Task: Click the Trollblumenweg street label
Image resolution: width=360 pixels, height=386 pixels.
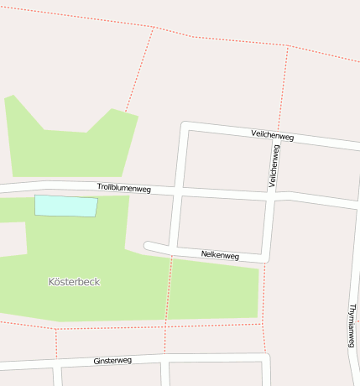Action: (x=123, y=189)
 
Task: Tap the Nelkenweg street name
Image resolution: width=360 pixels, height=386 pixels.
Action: (x=220, y=254)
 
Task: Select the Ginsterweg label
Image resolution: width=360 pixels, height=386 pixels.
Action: (x=112, y=361)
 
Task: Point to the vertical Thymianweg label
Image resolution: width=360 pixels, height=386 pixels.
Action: (x=352, y=326)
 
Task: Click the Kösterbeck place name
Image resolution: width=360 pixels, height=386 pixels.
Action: (x=74, y=282)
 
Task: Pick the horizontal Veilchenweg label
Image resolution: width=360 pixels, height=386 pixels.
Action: (x=272, y=135)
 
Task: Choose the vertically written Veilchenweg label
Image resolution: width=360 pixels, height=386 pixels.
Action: (x=274, y=165)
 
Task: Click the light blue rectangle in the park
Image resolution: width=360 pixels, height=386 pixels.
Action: (x=65, y=206)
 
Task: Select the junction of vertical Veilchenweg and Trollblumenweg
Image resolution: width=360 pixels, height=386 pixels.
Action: (x=271, y=196)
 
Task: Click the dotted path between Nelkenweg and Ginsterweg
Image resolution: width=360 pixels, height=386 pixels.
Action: (x=168, y=302)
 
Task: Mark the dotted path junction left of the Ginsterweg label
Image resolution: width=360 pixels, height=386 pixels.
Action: (x=56, y=330)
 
